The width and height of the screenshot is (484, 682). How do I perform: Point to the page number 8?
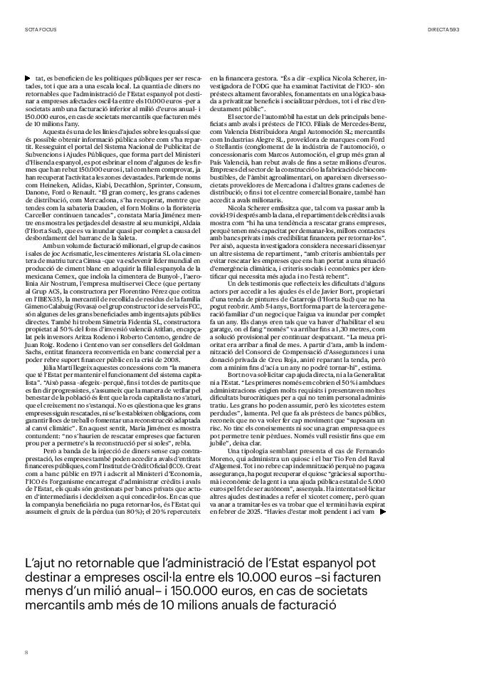click(x=26, y=651)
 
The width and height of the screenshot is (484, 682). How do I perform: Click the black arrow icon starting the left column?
click(x=27, y=76)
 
